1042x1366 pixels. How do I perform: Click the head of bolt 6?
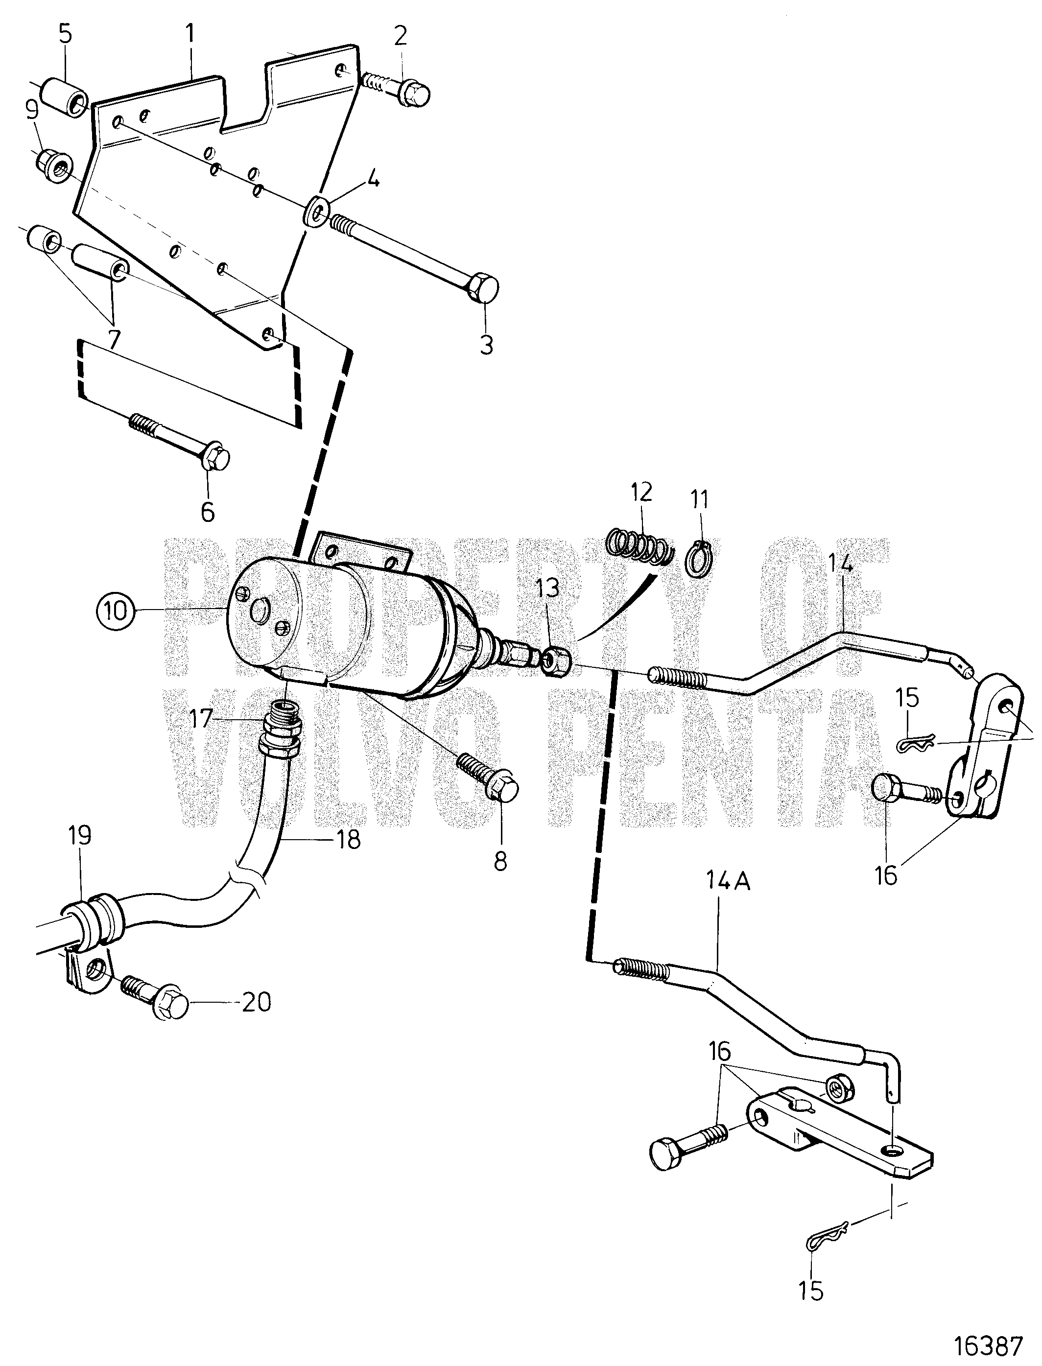click(215, 459)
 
